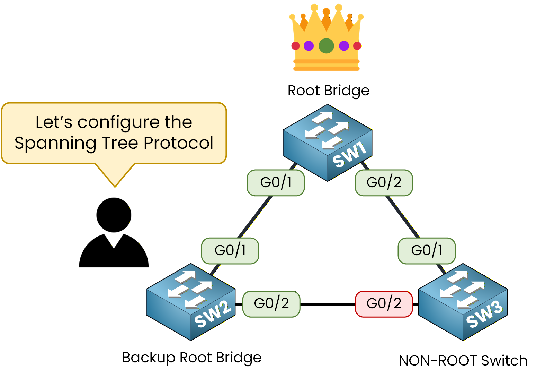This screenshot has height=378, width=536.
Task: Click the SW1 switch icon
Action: click(x=328, y=143)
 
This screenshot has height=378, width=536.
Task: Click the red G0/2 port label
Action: click(x=384, y=304)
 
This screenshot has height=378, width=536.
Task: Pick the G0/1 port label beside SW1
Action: click(x=276, y=183)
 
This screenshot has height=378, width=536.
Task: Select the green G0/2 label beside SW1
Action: click(x=384, y=183)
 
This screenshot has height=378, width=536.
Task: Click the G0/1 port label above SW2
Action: click(x=230, y=251)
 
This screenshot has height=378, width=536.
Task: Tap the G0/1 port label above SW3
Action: click(x=427, y=251)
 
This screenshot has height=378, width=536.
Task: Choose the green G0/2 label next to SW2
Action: click(x=271, y=304)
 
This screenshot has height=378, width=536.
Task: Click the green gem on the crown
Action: click(x=326, y=46)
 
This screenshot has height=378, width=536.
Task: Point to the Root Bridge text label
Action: click(x=328, y=91)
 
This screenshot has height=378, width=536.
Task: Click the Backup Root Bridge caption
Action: click(x=191, y=358)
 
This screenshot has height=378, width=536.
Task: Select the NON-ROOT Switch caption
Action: click(x=463, y=361)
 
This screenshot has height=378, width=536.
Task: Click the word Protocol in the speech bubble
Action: click(x=178, y=143)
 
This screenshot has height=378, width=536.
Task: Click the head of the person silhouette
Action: click(x=114, y=215)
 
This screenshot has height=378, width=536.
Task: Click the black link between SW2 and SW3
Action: click(x=327, y=304)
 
